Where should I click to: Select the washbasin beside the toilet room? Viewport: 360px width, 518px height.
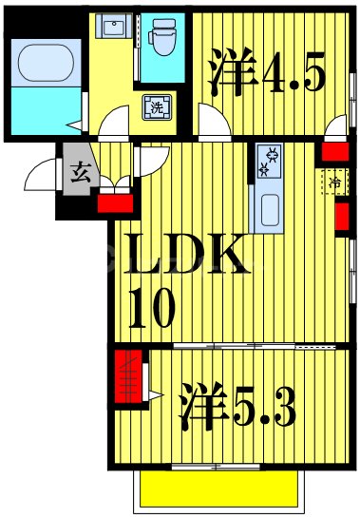[117, 28]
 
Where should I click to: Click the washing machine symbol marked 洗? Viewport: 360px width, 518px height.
[153, 108]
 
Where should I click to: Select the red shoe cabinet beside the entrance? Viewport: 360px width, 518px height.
[113, 201]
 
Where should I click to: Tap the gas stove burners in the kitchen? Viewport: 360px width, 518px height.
[271, 163]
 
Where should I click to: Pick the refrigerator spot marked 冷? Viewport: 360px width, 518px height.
[336, 179]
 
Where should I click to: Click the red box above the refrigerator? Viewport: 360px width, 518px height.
[333, 150]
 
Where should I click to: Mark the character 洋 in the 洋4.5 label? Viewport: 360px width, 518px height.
[225, 73]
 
